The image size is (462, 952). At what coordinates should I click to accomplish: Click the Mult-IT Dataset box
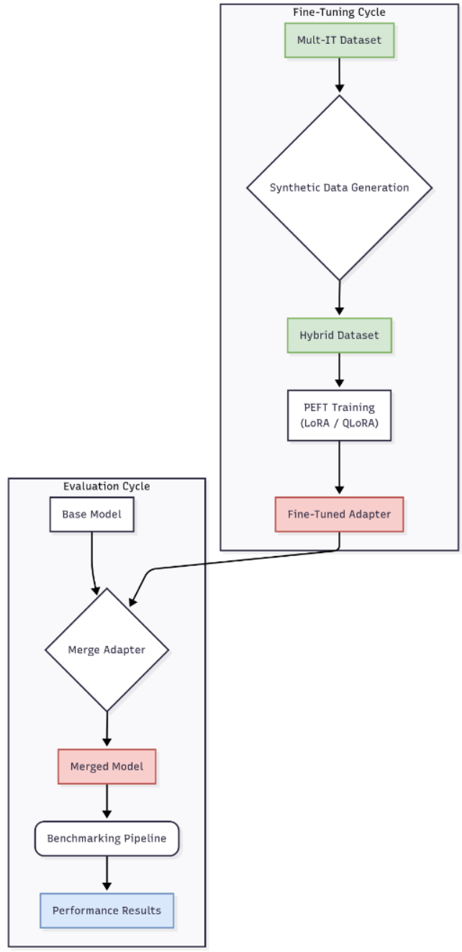339,40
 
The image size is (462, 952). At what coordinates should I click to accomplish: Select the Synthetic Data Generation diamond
339,188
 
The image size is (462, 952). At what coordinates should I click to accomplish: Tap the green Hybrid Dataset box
339,336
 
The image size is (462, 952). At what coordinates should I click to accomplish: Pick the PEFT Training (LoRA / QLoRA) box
339,416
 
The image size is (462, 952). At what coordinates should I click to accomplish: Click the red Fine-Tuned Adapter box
339,514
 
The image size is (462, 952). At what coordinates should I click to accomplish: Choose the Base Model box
91,514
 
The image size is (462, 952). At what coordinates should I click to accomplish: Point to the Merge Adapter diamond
107,650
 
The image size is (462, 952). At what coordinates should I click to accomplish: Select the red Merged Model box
107,767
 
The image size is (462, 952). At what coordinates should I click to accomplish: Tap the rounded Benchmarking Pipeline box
107,838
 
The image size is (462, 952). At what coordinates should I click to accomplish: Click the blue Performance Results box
107,910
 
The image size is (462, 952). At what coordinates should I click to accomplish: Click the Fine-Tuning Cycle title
339,12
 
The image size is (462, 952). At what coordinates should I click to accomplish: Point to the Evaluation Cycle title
107,486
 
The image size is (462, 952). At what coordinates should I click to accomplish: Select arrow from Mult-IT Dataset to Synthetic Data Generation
339,76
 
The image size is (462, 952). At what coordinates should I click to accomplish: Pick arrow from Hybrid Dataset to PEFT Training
339,371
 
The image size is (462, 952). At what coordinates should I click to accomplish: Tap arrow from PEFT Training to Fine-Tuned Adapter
339,468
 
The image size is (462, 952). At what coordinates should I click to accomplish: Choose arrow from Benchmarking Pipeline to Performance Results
107,874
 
